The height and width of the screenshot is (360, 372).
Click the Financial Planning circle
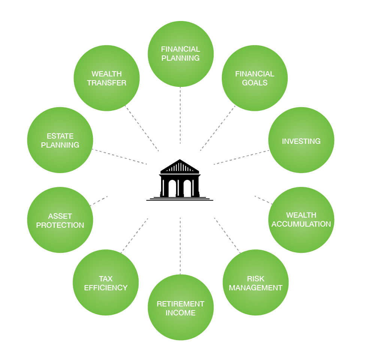[181, 54]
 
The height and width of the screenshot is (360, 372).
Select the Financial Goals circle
[255, 78]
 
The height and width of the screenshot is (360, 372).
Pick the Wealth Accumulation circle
[301, 220]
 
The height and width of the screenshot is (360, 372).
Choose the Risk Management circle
[255, 282]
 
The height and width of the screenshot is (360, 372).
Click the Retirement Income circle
[181, 308]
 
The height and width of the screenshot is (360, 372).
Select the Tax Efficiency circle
[106, 282]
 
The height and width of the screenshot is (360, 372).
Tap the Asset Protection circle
[60, 220]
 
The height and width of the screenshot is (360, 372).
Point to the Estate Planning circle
[60, 140]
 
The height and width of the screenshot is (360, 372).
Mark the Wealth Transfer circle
[106, 78]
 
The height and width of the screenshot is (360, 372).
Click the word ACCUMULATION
[301, 224]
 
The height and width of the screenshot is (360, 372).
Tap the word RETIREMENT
[181, 304]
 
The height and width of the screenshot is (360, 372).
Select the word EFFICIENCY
[106, 288]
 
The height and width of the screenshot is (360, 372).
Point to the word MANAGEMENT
[255, 288]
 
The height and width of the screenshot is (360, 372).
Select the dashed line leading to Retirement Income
[180, 245]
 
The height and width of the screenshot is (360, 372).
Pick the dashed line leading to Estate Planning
[119, 157]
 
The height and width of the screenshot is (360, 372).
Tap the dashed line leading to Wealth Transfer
[142, 129]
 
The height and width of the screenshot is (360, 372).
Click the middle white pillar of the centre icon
[178, 188]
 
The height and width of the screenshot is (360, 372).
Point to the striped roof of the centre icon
[180, 167]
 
